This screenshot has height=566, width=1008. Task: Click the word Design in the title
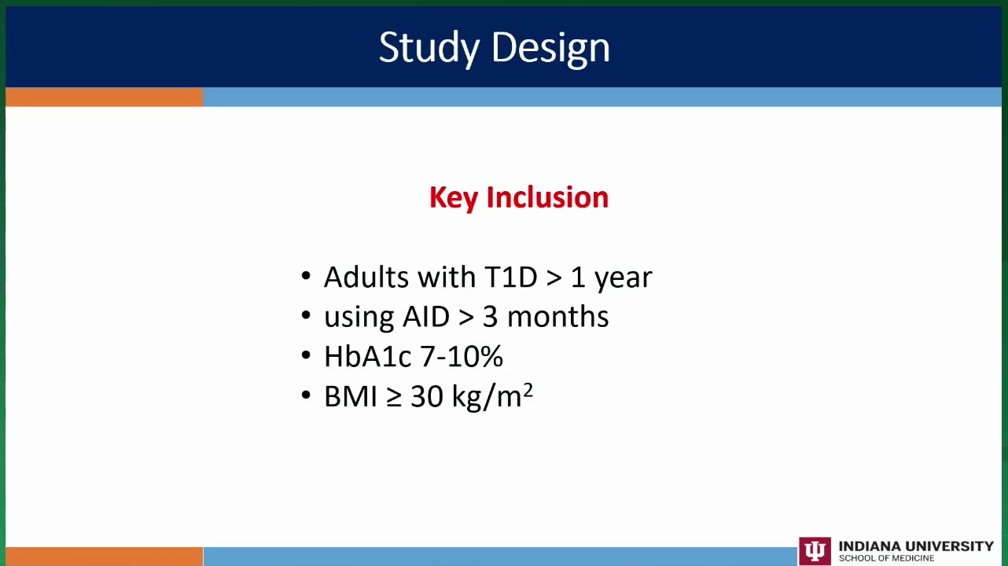pyautogui.click(x=550, y=49)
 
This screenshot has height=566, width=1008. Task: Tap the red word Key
pyautogui.click(x=453, y=198)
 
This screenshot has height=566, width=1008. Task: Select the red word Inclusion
pyautogui.click(x=547, y=197)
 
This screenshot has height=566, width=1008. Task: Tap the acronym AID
pyautogui.click(x=425, y=316)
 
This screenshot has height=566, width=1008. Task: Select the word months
pyautogui.click(x=558, y=316)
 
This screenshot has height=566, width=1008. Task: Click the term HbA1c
pyautogui.click(x=368, y=356)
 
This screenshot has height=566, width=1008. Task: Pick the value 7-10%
pyautogui.click(x=462, y=356)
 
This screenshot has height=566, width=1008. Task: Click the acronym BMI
pyautogui.click(x=351, y=396)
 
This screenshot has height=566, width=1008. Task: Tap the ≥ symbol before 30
pyautogui.click(x=394, y=397)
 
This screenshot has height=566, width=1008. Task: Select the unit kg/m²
pyautogui.click(x=492, y=396)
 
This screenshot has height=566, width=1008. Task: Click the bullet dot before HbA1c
pyautogui.click(x=306, y=355)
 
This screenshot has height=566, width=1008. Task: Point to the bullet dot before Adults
pyautogui.click(x=306, y=275)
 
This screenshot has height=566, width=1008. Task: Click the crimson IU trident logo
pyautogui.click(x=815, y=551)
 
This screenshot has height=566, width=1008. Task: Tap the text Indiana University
pyautogui.click(x=916, y=546)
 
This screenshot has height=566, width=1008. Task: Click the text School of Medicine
pyautogui.click(x=886, y=558)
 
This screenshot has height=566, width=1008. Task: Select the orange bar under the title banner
pyautogui.click(x=105, y=97)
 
